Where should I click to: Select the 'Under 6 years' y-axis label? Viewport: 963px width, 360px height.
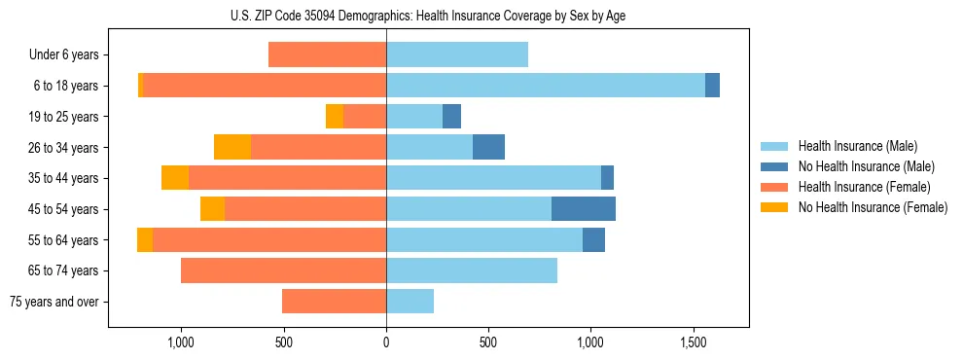click(x=63, y=55)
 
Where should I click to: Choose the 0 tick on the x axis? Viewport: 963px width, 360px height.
click(x=386, y=342)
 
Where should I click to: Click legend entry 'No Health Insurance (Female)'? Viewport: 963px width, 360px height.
click(x=873, y=207)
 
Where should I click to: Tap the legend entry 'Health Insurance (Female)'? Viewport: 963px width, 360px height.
click(x=865, y=187)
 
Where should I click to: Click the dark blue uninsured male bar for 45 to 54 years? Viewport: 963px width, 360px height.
click(x=584, y=209)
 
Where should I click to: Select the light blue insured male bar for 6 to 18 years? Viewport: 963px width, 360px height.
click(x=546, y=86)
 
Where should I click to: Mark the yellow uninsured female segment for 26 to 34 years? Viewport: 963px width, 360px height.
click(x=232, y=147)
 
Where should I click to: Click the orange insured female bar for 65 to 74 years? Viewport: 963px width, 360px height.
click(x=283, y=270)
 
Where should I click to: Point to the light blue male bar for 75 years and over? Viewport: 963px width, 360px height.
click(x=410, y=302)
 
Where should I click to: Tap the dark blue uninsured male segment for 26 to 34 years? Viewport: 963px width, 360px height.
click(x=488, y=147)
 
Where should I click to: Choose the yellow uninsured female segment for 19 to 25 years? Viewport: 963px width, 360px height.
click(x=335, y=117)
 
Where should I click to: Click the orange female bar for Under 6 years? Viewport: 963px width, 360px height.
click(x=327, y=55)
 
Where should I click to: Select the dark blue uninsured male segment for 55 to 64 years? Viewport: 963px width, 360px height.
click(x=593, y=239)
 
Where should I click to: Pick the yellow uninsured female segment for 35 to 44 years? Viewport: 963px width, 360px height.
click(x=175, y=178)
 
